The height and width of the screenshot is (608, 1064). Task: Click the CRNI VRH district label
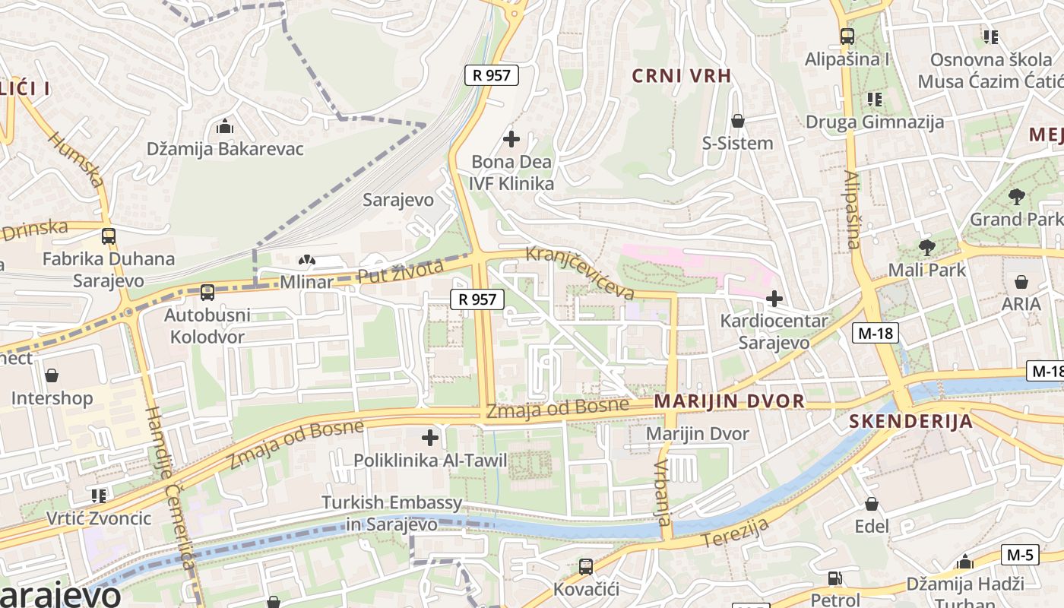tap(682, 75)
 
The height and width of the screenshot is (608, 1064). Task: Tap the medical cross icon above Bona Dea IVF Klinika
tap(511, 139)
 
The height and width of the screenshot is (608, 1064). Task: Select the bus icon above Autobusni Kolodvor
tap(207, 292)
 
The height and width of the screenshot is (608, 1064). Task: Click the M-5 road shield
tap(1019, 555)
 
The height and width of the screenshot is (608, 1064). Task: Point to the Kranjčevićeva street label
tap(580, 272)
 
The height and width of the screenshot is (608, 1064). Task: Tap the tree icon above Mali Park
tap(926, 247)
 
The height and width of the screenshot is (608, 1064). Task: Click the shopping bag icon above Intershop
tap(52, 375)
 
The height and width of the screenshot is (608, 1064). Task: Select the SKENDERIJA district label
tap(910, 422)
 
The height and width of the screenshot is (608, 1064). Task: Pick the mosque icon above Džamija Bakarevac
tap(224, 126)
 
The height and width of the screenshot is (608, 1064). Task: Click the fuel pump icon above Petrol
tap(834, 578)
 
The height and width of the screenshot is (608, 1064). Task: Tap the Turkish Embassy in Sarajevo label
tap(391, 513)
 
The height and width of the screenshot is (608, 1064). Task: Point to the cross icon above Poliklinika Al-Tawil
tap(430, 437)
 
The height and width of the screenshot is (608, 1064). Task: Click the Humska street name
tap(75, 159)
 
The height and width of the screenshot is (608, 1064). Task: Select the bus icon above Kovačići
tap(585, 566)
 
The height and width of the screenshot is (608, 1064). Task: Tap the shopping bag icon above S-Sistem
tap(737, 121)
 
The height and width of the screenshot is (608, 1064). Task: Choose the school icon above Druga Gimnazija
tap(874, 100)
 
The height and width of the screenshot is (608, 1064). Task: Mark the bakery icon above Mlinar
tap(306, 261)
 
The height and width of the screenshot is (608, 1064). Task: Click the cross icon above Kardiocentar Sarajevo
tap(774, 299)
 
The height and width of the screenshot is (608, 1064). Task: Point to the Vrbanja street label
tap(662, 492)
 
